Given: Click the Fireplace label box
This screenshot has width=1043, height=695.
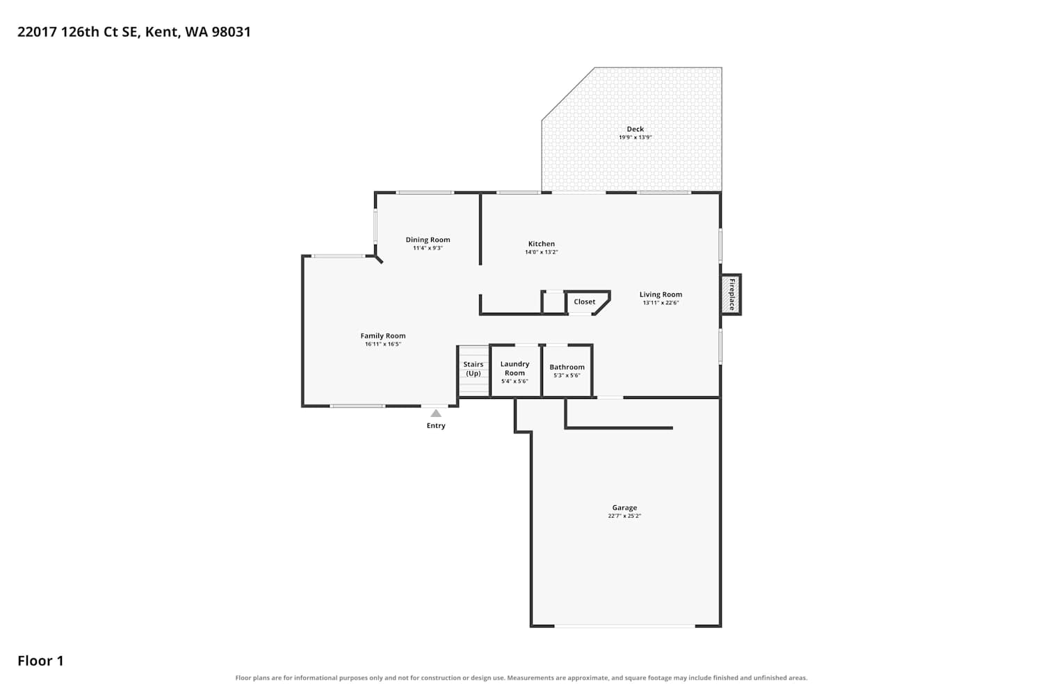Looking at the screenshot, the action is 731,295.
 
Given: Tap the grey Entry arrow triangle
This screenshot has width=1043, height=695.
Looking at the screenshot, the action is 436,414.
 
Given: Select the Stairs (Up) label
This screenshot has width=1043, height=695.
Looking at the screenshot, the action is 474,368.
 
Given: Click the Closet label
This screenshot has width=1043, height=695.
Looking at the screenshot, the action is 584,302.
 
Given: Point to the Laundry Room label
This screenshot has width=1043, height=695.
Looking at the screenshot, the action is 515,368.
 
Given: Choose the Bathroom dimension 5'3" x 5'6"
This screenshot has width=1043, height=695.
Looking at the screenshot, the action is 567,375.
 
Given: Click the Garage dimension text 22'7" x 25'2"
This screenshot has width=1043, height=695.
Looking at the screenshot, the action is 624,516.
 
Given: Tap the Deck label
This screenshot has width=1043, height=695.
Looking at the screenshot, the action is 635,129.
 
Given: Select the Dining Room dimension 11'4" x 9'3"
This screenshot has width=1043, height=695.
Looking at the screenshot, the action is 428,248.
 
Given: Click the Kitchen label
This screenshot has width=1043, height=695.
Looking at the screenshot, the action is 542,243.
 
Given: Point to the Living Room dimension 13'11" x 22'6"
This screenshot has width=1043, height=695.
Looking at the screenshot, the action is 661,302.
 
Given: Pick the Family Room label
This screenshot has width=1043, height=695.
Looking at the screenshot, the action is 382,336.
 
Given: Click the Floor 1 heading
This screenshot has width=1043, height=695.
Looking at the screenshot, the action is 40,660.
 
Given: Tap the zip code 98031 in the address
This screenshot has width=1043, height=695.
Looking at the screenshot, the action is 231,32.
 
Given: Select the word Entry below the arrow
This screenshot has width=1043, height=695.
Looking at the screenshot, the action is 436,425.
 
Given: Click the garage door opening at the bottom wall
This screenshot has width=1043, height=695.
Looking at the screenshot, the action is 625,626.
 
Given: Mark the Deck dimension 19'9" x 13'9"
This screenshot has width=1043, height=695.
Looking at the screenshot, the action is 635,138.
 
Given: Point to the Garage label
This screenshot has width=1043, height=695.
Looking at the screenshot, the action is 624,507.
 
